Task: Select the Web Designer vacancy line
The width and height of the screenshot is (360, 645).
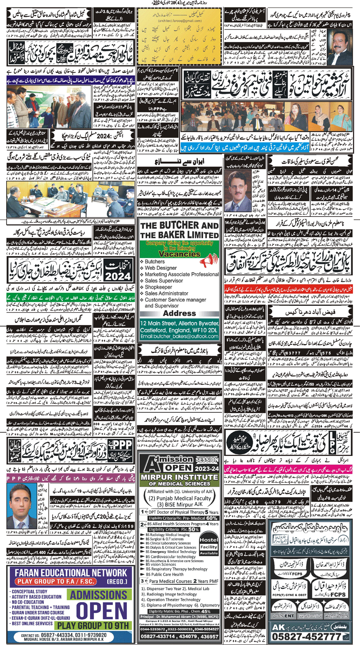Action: tap(160, 268)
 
